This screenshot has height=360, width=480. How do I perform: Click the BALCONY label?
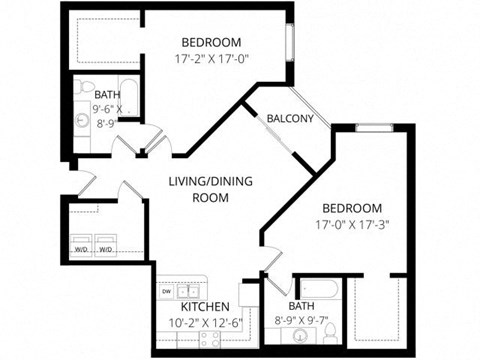tap(290, 119)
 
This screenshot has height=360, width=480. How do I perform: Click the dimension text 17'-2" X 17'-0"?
tap(211, 59)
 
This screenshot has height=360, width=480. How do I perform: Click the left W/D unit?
tap(80, 249)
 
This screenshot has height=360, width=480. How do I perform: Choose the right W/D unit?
tap(104, 249)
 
